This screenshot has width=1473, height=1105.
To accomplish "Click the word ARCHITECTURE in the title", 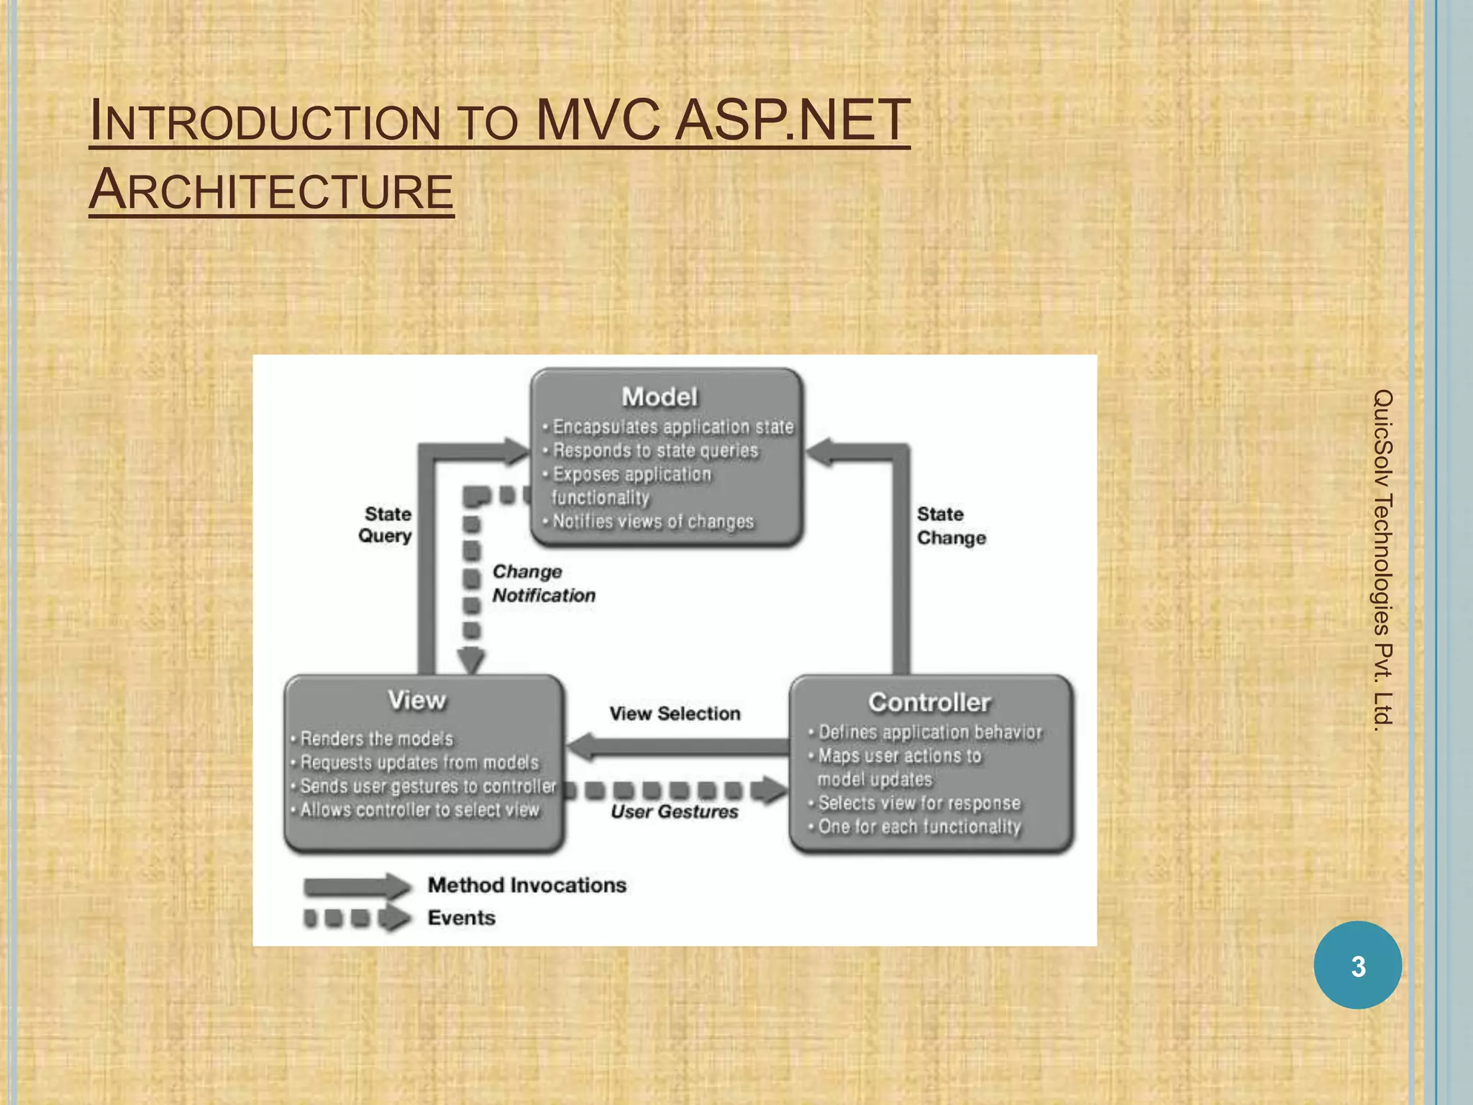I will coord(271,190).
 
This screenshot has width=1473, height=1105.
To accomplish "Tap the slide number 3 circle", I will coord(1357,965).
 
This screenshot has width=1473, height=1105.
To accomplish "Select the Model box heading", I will coord(660,396).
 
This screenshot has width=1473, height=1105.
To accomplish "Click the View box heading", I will coord(417,700).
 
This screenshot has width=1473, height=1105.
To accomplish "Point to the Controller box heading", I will coord(929,702).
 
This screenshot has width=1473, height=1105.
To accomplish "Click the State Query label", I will coord(386,524).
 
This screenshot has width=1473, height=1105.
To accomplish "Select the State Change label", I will coord(950,526).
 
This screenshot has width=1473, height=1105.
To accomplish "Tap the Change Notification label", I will coord(543,583).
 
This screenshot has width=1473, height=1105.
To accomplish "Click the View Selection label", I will coord(675,714).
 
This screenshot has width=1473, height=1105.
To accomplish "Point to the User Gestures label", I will coord(674,811).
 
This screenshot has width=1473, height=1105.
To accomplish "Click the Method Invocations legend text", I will coord(526,885).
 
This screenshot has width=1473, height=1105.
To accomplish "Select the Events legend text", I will coord(461,918).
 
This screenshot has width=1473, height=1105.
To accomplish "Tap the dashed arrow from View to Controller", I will coord(676,791).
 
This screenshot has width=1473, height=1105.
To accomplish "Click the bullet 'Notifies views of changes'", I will coord(652,522).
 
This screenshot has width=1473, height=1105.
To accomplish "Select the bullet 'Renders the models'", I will coord(376,739).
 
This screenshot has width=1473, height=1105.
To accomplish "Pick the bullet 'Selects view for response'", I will coord(919,803).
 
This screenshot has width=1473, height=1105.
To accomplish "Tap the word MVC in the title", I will coord(598,120).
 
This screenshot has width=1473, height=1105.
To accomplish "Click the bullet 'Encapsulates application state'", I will coord(672,427).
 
